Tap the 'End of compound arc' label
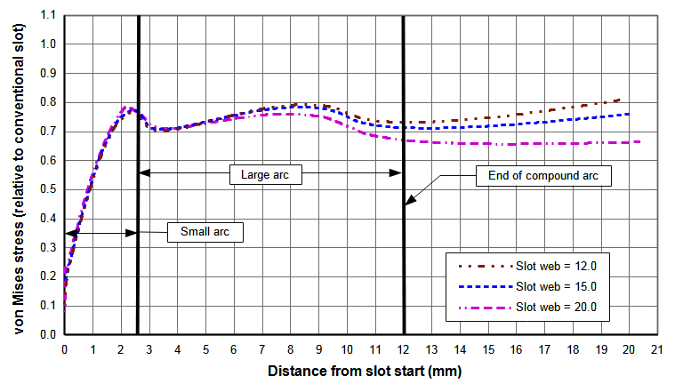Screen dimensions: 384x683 click(x=543, y=175)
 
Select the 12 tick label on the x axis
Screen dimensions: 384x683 click(x=404, y=350)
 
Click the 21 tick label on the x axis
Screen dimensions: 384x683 click(x=657, y=350)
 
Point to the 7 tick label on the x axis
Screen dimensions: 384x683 click(x=261, y=350)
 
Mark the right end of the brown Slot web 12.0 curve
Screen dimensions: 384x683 click(x=619, y=100)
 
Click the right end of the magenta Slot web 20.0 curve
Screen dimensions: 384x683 click(x=640, y=141)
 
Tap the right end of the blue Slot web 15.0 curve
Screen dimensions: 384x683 click(x=630, y=114)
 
